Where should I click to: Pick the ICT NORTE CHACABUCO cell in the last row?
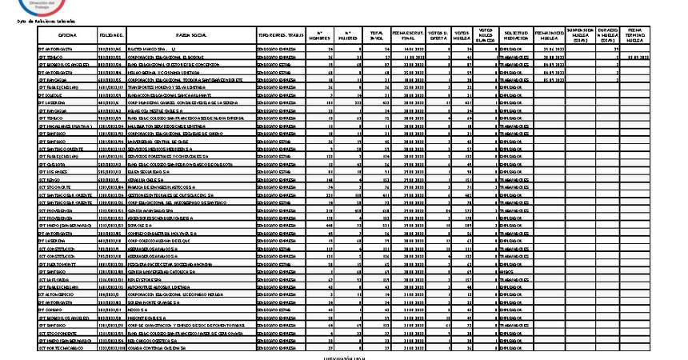click(x=63, y=348)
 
